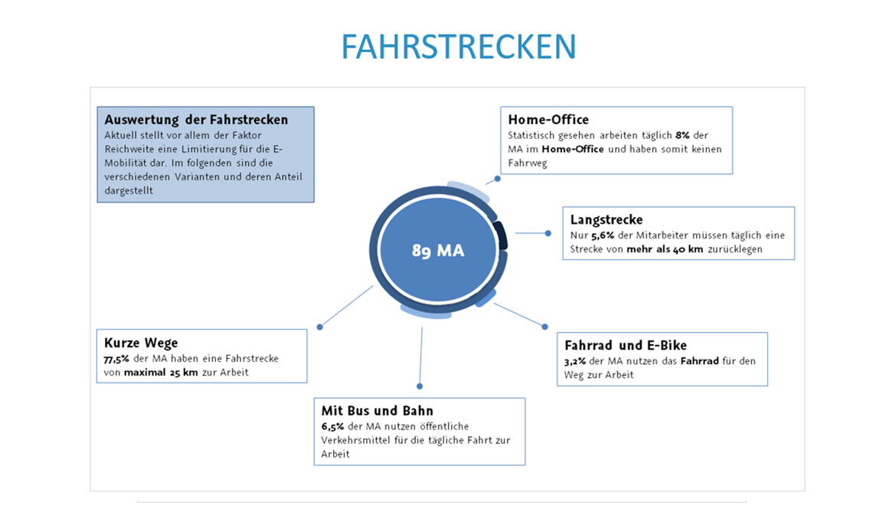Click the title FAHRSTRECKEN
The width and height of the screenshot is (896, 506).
tap(458, 46)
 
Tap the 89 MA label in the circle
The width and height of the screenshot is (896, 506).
tap(438, 251)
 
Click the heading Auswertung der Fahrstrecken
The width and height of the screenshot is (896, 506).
tap(196, 120)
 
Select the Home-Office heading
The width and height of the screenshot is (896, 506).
tap(548, 120)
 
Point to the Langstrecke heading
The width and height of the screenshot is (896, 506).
tap(607, 219)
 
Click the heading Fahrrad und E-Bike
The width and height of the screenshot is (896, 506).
tap(625, 345)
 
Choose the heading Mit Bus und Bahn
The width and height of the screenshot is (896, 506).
tap(377, 410)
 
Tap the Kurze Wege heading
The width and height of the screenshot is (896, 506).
tap(141, 343)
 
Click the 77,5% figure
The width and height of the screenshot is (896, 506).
tap(116, 359)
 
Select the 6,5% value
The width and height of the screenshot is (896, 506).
tap(332, 426)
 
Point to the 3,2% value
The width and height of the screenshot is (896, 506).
tap(575, 361)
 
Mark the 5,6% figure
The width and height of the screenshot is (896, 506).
tap(602, 235)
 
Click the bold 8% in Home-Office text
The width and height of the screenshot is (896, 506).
tap(682, 136)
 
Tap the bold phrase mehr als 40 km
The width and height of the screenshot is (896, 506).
tap(665, 249)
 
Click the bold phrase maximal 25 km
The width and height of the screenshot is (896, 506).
tap(161, 372)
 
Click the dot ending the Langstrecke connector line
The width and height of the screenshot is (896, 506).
tap(548, 233)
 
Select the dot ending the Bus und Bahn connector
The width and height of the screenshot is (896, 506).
tap(420, 386)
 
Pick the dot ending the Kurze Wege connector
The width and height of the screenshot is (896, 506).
tap(319, 327)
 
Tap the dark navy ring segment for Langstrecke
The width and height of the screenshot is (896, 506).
tap(501, 235)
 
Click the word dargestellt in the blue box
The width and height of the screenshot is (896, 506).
tap(129, 191)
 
